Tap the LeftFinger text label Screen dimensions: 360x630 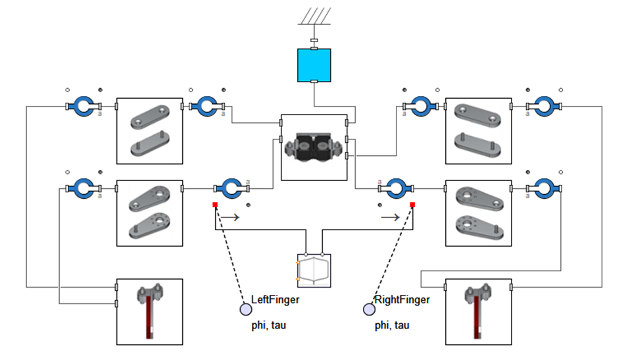pyautogui.click(x=275, y=299)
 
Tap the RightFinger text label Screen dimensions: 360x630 pyautogui.click(x=402, y=299)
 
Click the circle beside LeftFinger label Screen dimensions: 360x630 pyautogui.click(x=245, y=309)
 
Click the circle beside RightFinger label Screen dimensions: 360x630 pyautogui.click(x=369, y=309)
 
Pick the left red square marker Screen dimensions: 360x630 pyautogui.click(x=215, y=205)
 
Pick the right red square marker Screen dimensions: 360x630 pyautogui.click(x=412, y=205)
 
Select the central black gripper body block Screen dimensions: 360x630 pyautogui.click(x=314, y=147)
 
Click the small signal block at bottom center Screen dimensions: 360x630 pyautogui.click(x=314, y=270)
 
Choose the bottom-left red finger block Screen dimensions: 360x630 pyautogui.click(x=149, y=311)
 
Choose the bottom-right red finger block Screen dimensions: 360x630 pyautogui.click(x=478, y=311)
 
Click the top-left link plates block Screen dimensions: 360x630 pyautogui.click(x=149, y=131)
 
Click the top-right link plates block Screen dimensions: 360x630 pyautogui.click(x=478, y=131)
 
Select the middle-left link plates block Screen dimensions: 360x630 pyautogui.click(x=149, y=213)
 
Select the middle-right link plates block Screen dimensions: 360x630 pyautogui.click(x=478, y=213)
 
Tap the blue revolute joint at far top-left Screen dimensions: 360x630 pyautogui.click(x=84, y=106)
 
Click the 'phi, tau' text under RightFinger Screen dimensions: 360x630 pyautogui.click(x=391, y=325)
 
